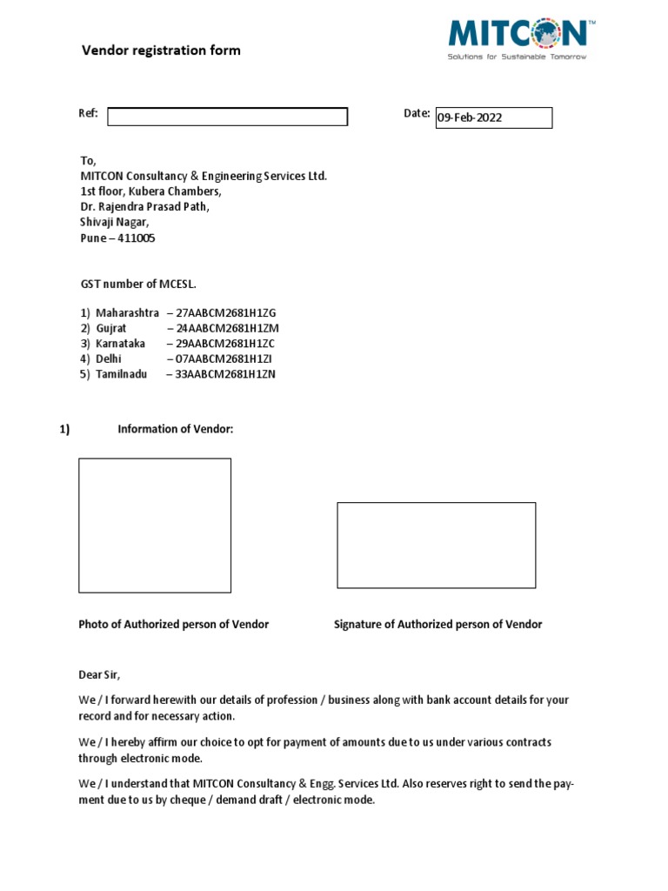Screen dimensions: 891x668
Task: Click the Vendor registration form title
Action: pyautogui.click(x=161, y=50)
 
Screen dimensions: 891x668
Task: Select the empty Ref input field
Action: pyautogui.click(x=227, y=117)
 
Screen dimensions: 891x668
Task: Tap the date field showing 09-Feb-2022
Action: pyautogui.click(x=493, y=117)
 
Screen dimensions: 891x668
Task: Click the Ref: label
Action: pyautogui.click(x=88, y=114)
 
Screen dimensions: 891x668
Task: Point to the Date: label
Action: pyautogui.click(x=417, y=114)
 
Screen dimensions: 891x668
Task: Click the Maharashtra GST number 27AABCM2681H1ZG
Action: pyautogui.click(x=227, y=312)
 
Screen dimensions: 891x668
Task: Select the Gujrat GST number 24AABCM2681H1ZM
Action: pyautogui.click(x=227, y=328)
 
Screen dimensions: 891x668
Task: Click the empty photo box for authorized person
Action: pyautogui.click(x=155, y=525)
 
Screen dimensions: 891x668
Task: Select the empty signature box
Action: pyautogui.click(x=436, y=545)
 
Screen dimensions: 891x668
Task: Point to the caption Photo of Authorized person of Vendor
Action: pyautogui.click(x=174, y=625)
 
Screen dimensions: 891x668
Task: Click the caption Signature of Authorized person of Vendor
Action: pyautogui.click(x=438, y=625)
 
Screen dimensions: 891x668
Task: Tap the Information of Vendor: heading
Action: pyautogui.click(x=175, y=429)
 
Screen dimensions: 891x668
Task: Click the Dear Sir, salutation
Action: pyautogui.click(x=100, y=675)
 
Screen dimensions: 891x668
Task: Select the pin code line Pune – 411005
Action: pyautogui.click(x=117, y=238)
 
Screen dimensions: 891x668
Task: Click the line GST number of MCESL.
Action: pyautogui.click(x=144, y=284)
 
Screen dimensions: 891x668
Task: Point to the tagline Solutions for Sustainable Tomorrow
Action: pyautogui.click(x=517, y=57)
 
